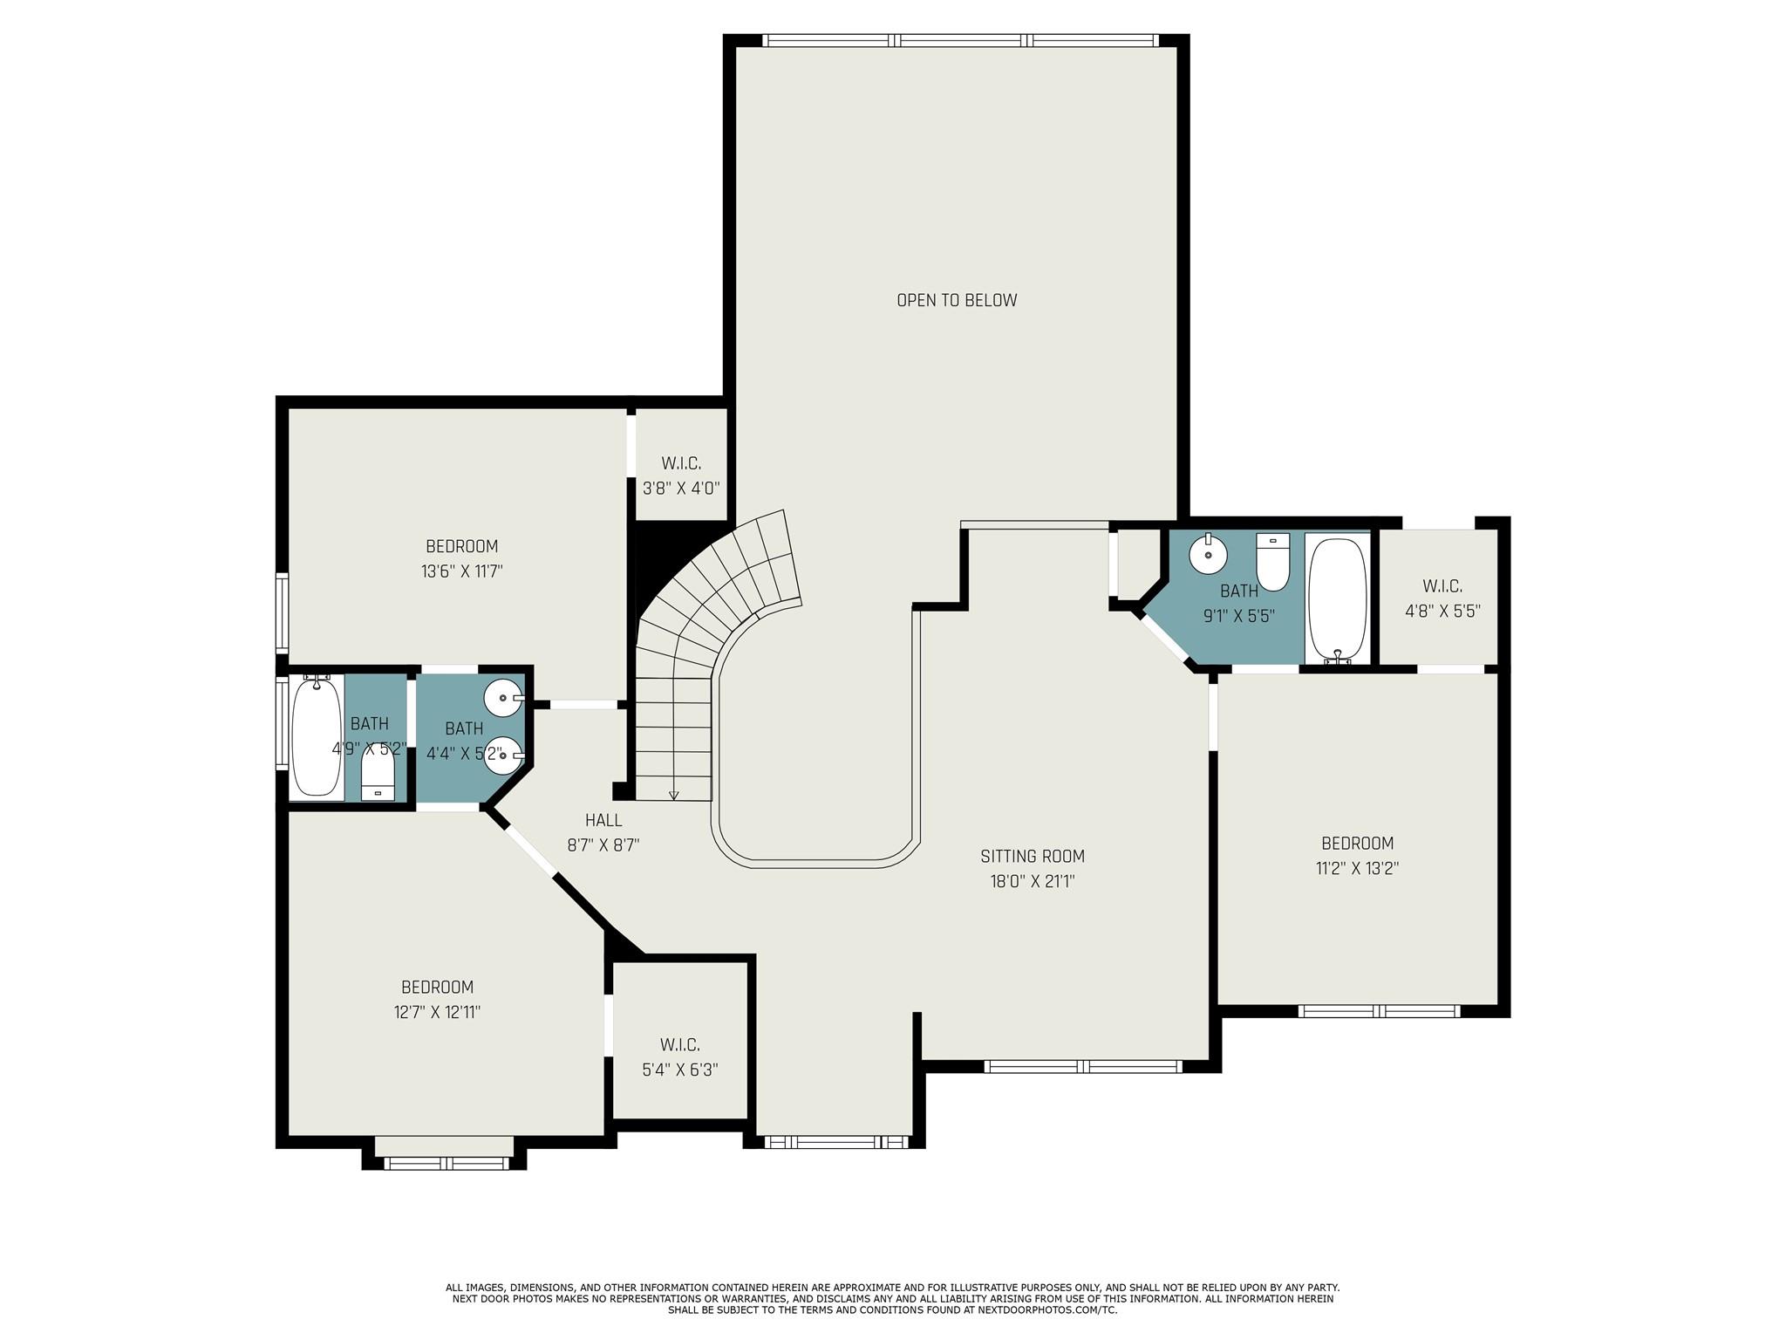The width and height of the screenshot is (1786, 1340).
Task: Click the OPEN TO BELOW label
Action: click(x=957, y=300)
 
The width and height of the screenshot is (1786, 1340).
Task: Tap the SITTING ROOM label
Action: click(x=1032, y=857)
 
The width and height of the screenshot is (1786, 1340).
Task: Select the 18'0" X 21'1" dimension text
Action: click(x=1032, y=882)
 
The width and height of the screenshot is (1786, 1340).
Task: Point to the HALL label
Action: click(x=603, y=820)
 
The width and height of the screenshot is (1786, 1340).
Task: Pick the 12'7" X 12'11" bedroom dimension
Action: click(x=437, y=1013)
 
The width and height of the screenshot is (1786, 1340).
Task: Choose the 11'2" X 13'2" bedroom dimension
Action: click(x=1357, y=869)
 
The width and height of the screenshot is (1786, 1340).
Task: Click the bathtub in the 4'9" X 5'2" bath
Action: click(x=317, y=737)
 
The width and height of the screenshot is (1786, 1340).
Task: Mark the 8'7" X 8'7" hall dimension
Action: click(x=603, y=845)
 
